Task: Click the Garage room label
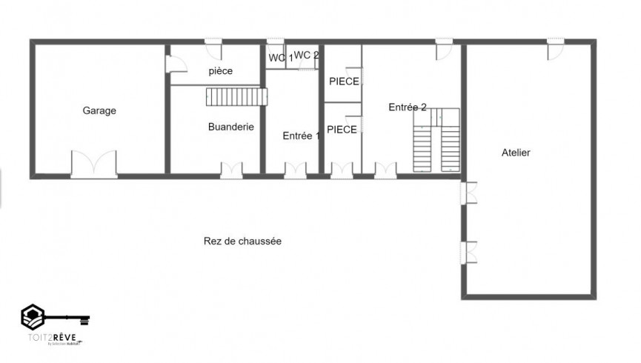coord(99,111)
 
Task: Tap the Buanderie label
coord(231,127)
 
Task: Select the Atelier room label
coord(516,153)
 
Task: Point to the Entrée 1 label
coord(302,136)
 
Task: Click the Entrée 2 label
coord(407,107)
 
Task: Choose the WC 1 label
coord(279,57)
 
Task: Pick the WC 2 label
coord(306,55)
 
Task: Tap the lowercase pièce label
coord(221,71)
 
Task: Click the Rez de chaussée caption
coord(242,242)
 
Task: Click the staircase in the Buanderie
coord(236,96)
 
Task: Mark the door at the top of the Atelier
coord(556,50)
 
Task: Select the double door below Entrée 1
coord(295,170)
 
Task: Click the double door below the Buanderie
coord(232,170)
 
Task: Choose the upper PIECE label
coord(344,81)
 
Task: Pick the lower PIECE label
coord(342,130)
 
